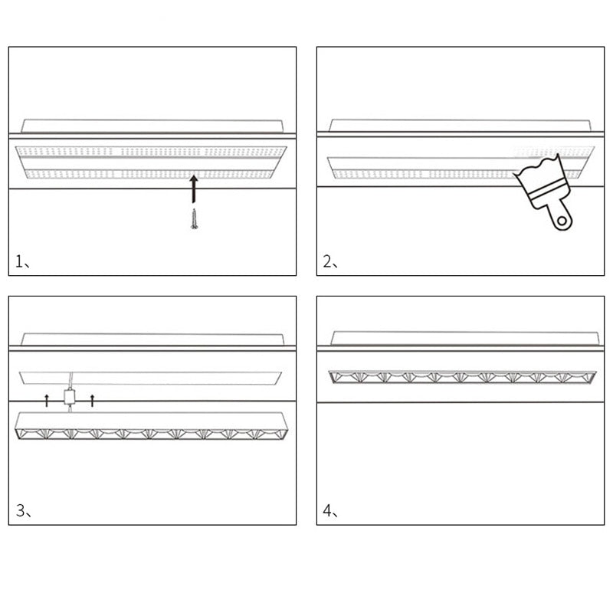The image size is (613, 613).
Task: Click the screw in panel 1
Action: coord(195,219)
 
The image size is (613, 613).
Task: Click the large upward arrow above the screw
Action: coord(194,189)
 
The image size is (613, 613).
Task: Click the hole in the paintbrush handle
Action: coord(562,221)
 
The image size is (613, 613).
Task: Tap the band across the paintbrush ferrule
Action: coord(546,188)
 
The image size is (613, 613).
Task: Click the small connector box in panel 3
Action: coord(70,396)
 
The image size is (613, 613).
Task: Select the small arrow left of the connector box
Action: coord(47,400)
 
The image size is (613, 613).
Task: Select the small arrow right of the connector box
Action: coord(92,400)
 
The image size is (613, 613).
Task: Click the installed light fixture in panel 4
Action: coord(463,377)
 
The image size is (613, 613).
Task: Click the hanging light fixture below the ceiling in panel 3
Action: coord(151,425)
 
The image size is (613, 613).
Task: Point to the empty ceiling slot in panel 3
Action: coord(150,378)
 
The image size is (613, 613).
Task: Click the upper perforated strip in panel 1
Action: coord(151,151)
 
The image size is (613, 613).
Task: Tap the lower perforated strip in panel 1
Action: coord(150,174)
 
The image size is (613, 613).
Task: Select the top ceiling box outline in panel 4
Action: coord(465,338)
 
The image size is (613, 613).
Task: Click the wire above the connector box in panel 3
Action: coord(70,380)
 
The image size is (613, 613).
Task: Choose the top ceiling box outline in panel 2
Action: coord(461,125)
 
